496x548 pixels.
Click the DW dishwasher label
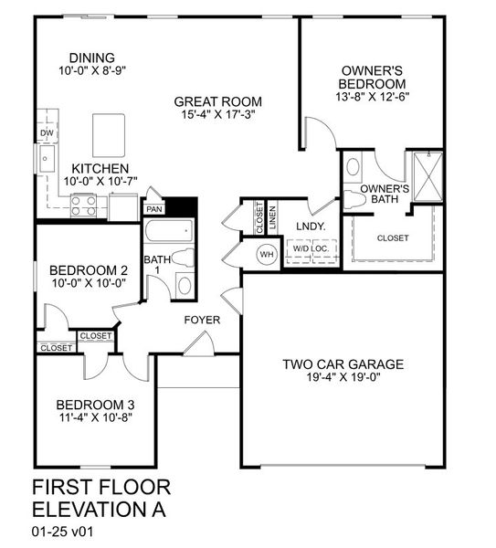(x=45, y=133)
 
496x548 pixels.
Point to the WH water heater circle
(x=268, y=254)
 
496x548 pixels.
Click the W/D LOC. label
(x=309, y=248)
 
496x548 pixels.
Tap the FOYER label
(x=202, y=320)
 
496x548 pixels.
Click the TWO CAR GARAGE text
(x=343, y=364)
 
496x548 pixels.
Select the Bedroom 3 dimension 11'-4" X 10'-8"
(x=96, y=419)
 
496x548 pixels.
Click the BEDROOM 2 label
(x=88, y=270)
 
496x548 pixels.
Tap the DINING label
(x=87, y=54)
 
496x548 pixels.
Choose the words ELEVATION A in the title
(x=100, y=508)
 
